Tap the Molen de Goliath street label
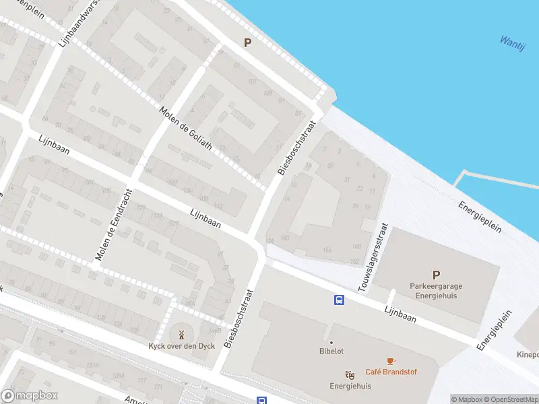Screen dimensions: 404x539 (185, 129)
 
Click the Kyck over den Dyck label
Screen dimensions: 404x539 (181, 346)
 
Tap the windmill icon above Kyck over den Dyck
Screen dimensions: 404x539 (181, 334)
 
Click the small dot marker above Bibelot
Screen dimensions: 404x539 (331, 342)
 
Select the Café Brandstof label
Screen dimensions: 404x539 (390, 372)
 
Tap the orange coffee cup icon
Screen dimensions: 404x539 (390, 362)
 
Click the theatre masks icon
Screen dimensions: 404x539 (350, 375)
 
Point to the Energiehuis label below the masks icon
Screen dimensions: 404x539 (350, 386)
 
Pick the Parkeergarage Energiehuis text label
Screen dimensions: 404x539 (436, 290)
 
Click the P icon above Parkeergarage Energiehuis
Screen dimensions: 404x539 (436, 275)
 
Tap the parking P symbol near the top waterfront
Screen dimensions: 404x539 (247, 43)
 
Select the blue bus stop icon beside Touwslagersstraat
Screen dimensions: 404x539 (339, 300)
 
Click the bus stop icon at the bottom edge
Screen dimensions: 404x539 (261, 400)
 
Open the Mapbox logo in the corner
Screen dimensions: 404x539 (30, 396)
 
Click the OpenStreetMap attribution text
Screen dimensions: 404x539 (510, 399)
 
